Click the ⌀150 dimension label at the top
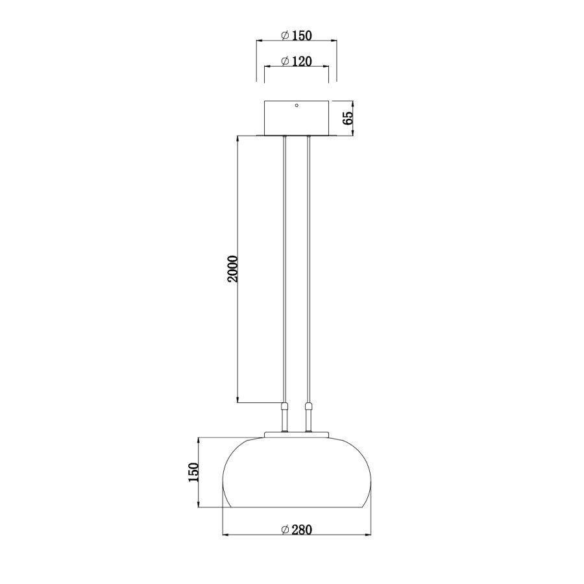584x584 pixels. point(297,35)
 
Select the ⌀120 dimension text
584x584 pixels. point(297,62)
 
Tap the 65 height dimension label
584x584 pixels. point(348,118)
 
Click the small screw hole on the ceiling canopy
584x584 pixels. point(297,106)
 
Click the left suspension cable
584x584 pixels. point(284,273)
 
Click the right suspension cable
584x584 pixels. point(309,273)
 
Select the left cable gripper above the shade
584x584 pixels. point(284,410)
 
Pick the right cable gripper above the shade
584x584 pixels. point(309,410)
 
